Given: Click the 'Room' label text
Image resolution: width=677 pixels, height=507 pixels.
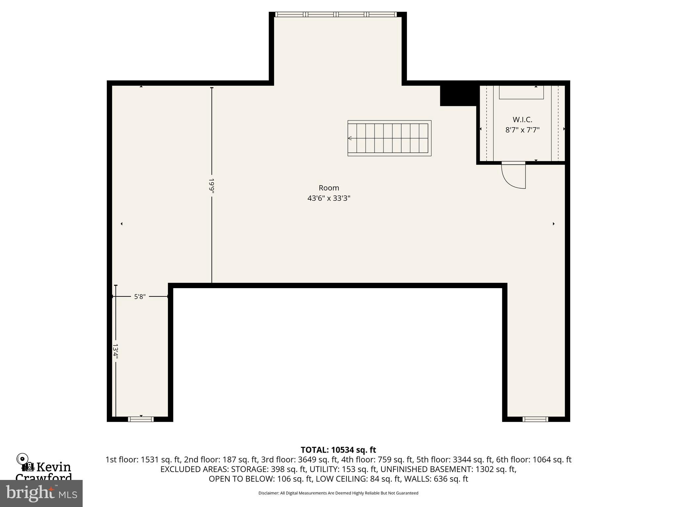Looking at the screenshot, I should [x=329, y=188].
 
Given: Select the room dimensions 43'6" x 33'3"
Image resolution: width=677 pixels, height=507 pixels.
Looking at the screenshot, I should [x=329, y=198].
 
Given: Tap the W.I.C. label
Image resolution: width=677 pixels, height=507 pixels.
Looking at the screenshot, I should [x=522, y=119].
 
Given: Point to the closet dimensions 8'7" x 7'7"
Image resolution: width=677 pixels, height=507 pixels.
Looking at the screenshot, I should [x=522, y=130].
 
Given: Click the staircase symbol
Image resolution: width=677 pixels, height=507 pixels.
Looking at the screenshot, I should [x=389, y=138].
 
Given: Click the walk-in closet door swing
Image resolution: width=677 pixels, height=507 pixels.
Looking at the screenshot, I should [x=513, y=176].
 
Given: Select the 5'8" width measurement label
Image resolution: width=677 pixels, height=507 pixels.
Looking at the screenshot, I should [x=139, y=297].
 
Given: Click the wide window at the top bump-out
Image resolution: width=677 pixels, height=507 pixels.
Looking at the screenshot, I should [x=336, y=15].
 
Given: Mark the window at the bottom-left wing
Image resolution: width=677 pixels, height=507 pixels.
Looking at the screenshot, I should [x=141, y=419].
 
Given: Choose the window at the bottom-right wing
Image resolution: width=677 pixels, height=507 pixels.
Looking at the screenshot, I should [x=535, y=419].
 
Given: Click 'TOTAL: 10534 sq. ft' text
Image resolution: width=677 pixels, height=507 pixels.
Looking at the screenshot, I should [x=338, y=450].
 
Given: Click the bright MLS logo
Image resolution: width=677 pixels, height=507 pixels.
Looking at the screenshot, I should [x=41, y=493].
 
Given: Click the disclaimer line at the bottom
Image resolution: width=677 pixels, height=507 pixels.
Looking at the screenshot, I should [x=338, y=493].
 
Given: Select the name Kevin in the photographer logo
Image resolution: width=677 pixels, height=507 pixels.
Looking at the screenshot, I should [x=54, y=467].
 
